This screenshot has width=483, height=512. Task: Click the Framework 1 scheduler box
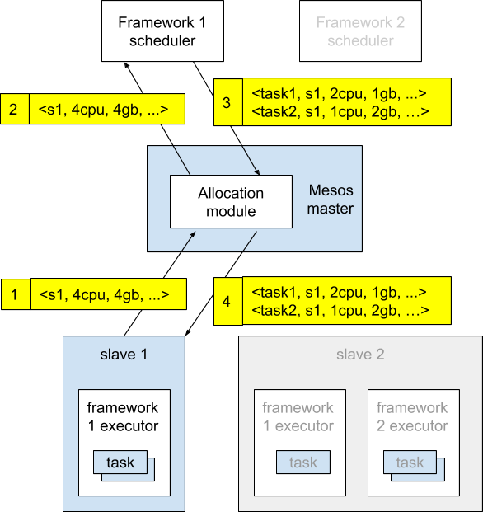[x=162, y=31]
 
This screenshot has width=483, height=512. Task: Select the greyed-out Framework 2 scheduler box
[x=360, y=31]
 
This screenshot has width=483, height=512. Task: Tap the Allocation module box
[x=231, y=201]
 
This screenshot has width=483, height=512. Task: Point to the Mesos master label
[x=331, y=200]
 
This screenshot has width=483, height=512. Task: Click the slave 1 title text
[x=124, y=355]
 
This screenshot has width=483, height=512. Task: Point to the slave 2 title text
[x=360, y=355]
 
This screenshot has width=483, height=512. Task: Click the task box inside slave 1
[x=120, y=462]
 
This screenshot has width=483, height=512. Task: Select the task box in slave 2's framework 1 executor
[x=303, y=462]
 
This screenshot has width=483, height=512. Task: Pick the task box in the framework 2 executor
[x=410, y=462]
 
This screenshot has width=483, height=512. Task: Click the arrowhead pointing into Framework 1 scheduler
[x=127, y=66]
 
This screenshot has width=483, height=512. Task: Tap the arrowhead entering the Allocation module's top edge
[x=257, y=171]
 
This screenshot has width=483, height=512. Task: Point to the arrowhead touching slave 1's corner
[x=188, y=332]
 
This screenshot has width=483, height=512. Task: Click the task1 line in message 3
[x=339, y=94]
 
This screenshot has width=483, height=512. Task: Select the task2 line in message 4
[x=340, y=311]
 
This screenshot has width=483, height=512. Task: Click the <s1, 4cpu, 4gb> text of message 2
[x=104, y=110]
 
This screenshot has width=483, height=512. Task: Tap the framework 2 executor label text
[x=412, y=416]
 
